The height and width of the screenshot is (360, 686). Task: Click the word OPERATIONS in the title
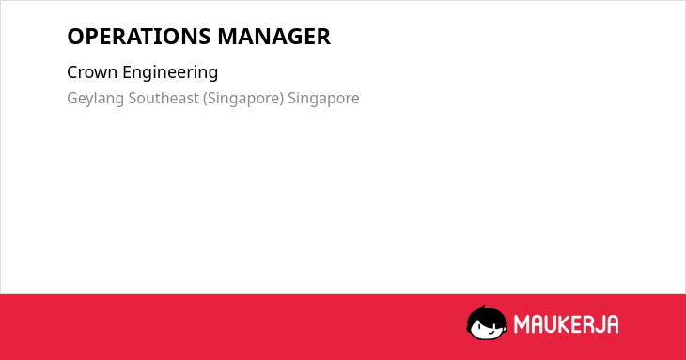tap(139, 37)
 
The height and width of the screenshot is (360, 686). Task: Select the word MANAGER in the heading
tap(273, 37)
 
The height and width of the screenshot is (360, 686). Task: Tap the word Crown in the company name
tap(92, 72)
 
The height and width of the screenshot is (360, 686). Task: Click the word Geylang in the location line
tap(95, 99)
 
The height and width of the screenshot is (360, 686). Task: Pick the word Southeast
tap(164, 98)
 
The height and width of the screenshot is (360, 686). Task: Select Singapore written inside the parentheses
tap(243, 99)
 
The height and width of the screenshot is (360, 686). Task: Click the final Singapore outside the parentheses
tap(323, 99)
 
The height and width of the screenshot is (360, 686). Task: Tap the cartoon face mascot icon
tap(487, 323)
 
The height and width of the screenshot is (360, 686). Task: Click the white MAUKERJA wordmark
tap(566, 324)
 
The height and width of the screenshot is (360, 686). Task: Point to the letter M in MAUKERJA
tap(522, 324)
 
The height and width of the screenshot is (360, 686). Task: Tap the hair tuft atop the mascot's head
tap(483, 308)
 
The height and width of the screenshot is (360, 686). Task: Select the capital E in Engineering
tap(127, 72)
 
